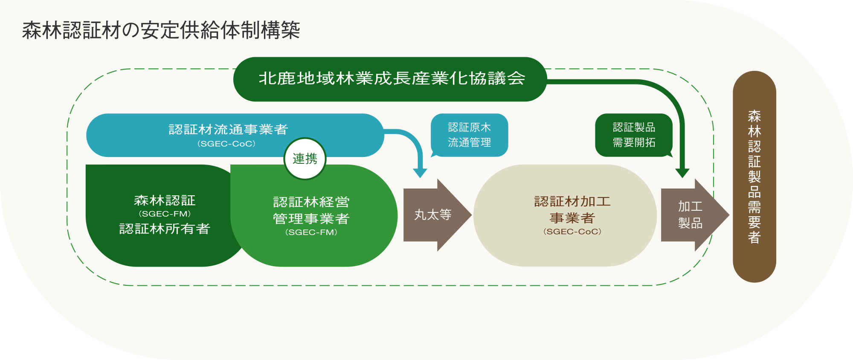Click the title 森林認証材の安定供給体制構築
pos(161,30)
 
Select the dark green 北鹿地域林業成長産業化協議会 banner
pos(390,79)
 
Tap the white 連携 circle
pos(305,159)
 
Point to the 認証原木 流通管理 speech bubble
pos(469,135)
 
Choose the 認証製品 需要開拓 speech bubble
pos(634,135)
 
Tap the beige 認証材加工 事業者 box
pos(565,215)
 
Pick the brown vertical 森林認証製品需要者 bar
pos(754,177)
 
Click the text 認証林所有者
pos(165,229)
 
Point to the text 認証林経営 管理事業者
pos(311,210)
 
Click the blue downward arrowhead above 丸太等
pos(420,173)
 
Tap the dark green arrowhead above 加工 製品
pos(682,173)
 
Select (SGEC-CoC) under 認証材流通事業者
pos(226,144)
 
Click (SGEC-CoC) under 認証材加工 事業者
pos(572,232)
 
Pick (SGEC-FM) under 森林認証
pos(165,214)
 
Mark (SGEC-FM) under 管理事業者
pos(311,232)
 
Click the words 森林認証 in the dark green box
pos(165,200)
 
